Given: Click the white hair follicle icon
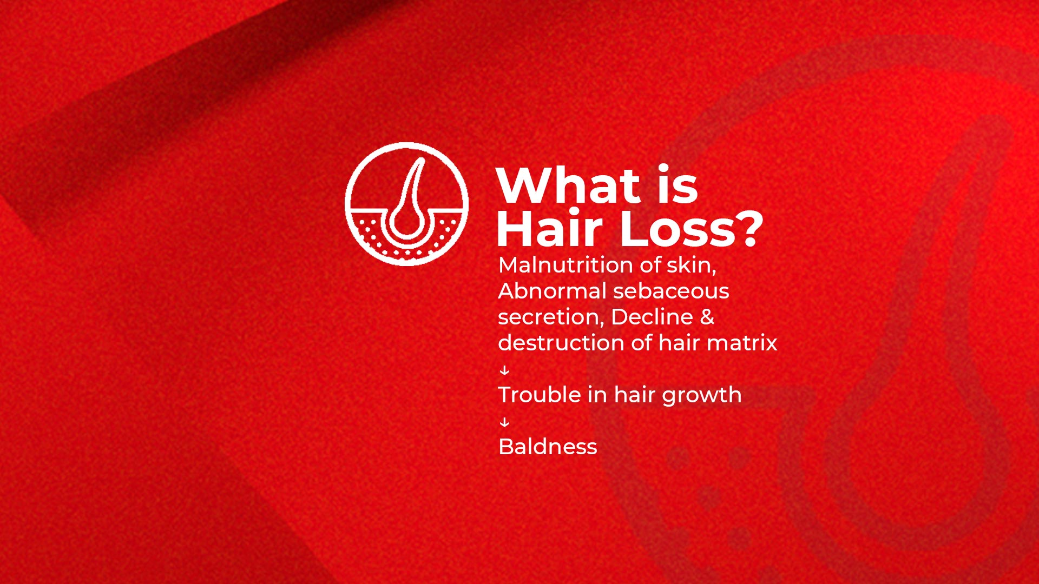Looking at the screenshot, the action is pyautogui.click(x=407, y=204).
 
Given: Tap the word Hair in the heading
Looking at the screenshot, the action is pyautogui.click(x=549, y=229).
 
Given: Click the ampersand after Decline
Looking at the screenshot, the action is pyautogui.click(x=707, y=317).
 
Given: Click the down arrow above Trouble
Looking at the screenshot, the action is pyautogui.click(x=504, y=370).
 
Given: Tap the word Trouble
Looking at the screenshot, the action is pyautogui.click(x=539, y=395).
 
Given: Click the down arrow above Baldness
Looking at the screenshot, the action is pyautogui.click(x=504, y=422).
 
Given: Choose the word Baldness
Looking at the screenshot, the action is pyautogui.click(x=548, y=447).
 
